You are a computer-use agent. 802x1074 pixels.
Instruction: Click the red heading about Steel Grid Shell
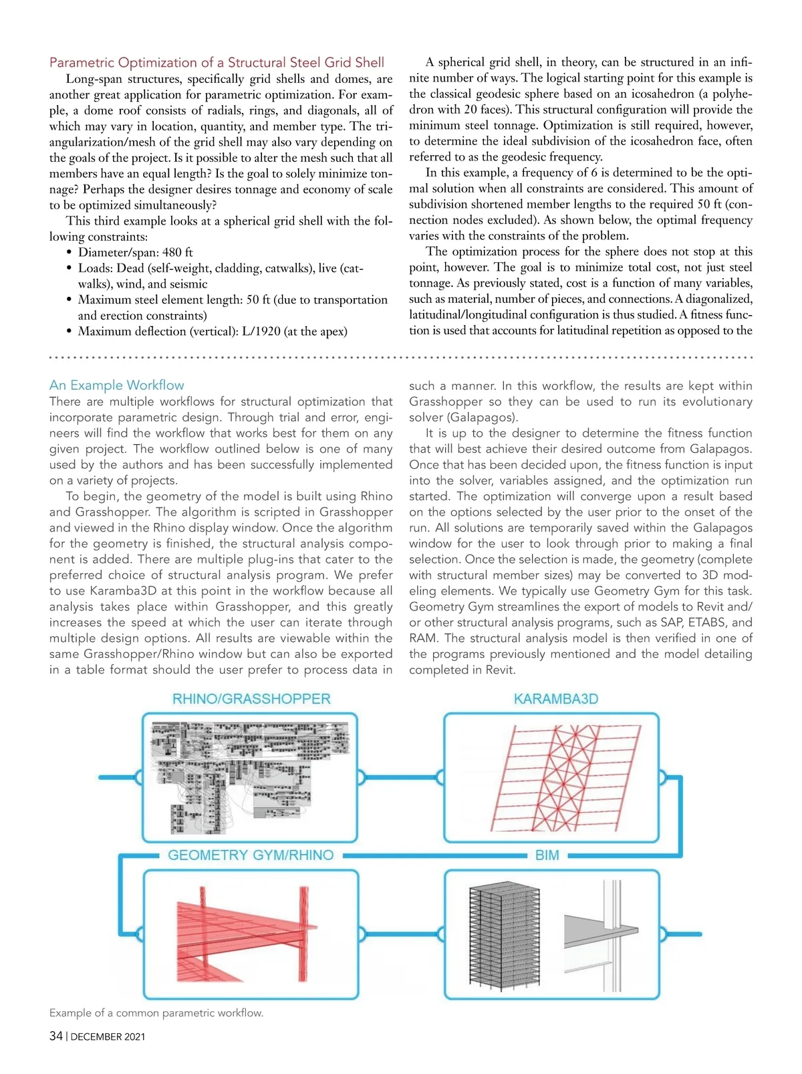point(217,63)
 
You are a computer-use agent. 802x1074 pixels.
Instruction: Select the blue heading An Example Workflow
point(116,385)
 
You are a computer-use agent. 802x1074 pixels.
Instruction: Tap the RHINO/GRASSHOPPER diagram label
point(251,699)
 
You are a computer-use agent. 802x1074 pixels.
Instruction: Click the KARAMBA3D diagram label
point(555,699)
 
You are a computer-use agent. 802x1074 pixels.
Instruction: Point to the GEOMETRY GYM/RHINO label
point(251,855)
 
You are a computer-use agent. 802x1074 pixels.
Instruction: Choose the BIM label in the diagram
point(547,855)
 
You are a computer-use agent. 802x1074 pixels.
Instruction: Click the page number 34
point(56,1037)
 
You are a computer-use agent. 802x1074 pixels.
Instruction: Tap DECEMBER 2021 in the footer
point(108,1037)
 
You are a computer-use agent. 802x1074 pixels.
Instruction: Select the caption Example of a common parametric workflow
point(156,1013)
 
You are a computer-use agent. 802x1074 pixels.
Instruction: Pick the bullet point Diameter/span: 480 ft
point(135,253)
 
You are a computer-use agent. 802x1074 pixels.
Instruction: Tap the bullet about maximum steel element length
point(232,300)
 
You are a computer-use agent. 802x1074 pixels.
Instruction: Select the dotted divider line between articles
point(401,358)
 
